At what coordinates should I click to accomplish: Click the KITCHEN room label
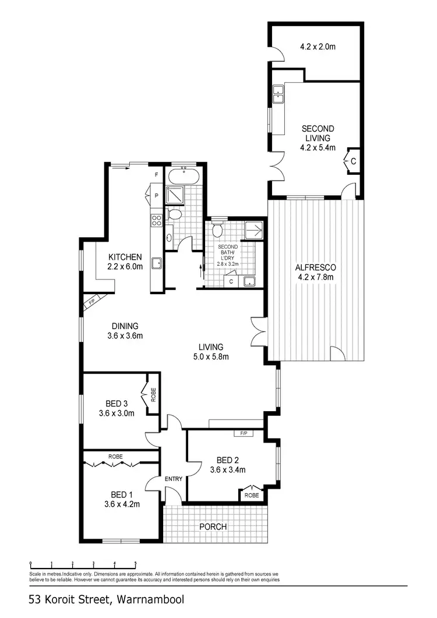tap(125, 257)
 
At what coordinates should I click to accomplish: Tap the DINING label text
tap(122, 326)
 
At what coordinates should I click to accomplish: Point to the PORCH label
tap(213, 527)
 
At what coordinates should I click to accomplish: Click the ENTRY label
tap(174, 479)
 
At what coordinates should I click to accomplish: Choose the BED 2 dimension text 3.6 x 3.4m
tap(227, 470)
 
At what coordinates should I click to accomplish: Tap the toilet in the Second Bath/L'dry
tap(218, 230)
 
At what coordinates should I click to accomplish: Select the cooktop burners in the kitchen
tap(156, 220)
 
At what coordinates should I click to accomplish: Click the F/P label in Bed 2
tap(241, 433)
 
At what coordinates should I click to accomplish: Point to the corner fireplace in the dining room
tap(90, 302)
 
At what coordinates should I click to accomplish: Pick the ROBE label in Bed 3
tap(153, 396)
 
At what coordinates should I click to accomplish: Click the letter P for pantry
tap(157, 196)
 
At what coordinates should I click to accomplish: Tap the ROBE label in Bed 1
tap(115, 457)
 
